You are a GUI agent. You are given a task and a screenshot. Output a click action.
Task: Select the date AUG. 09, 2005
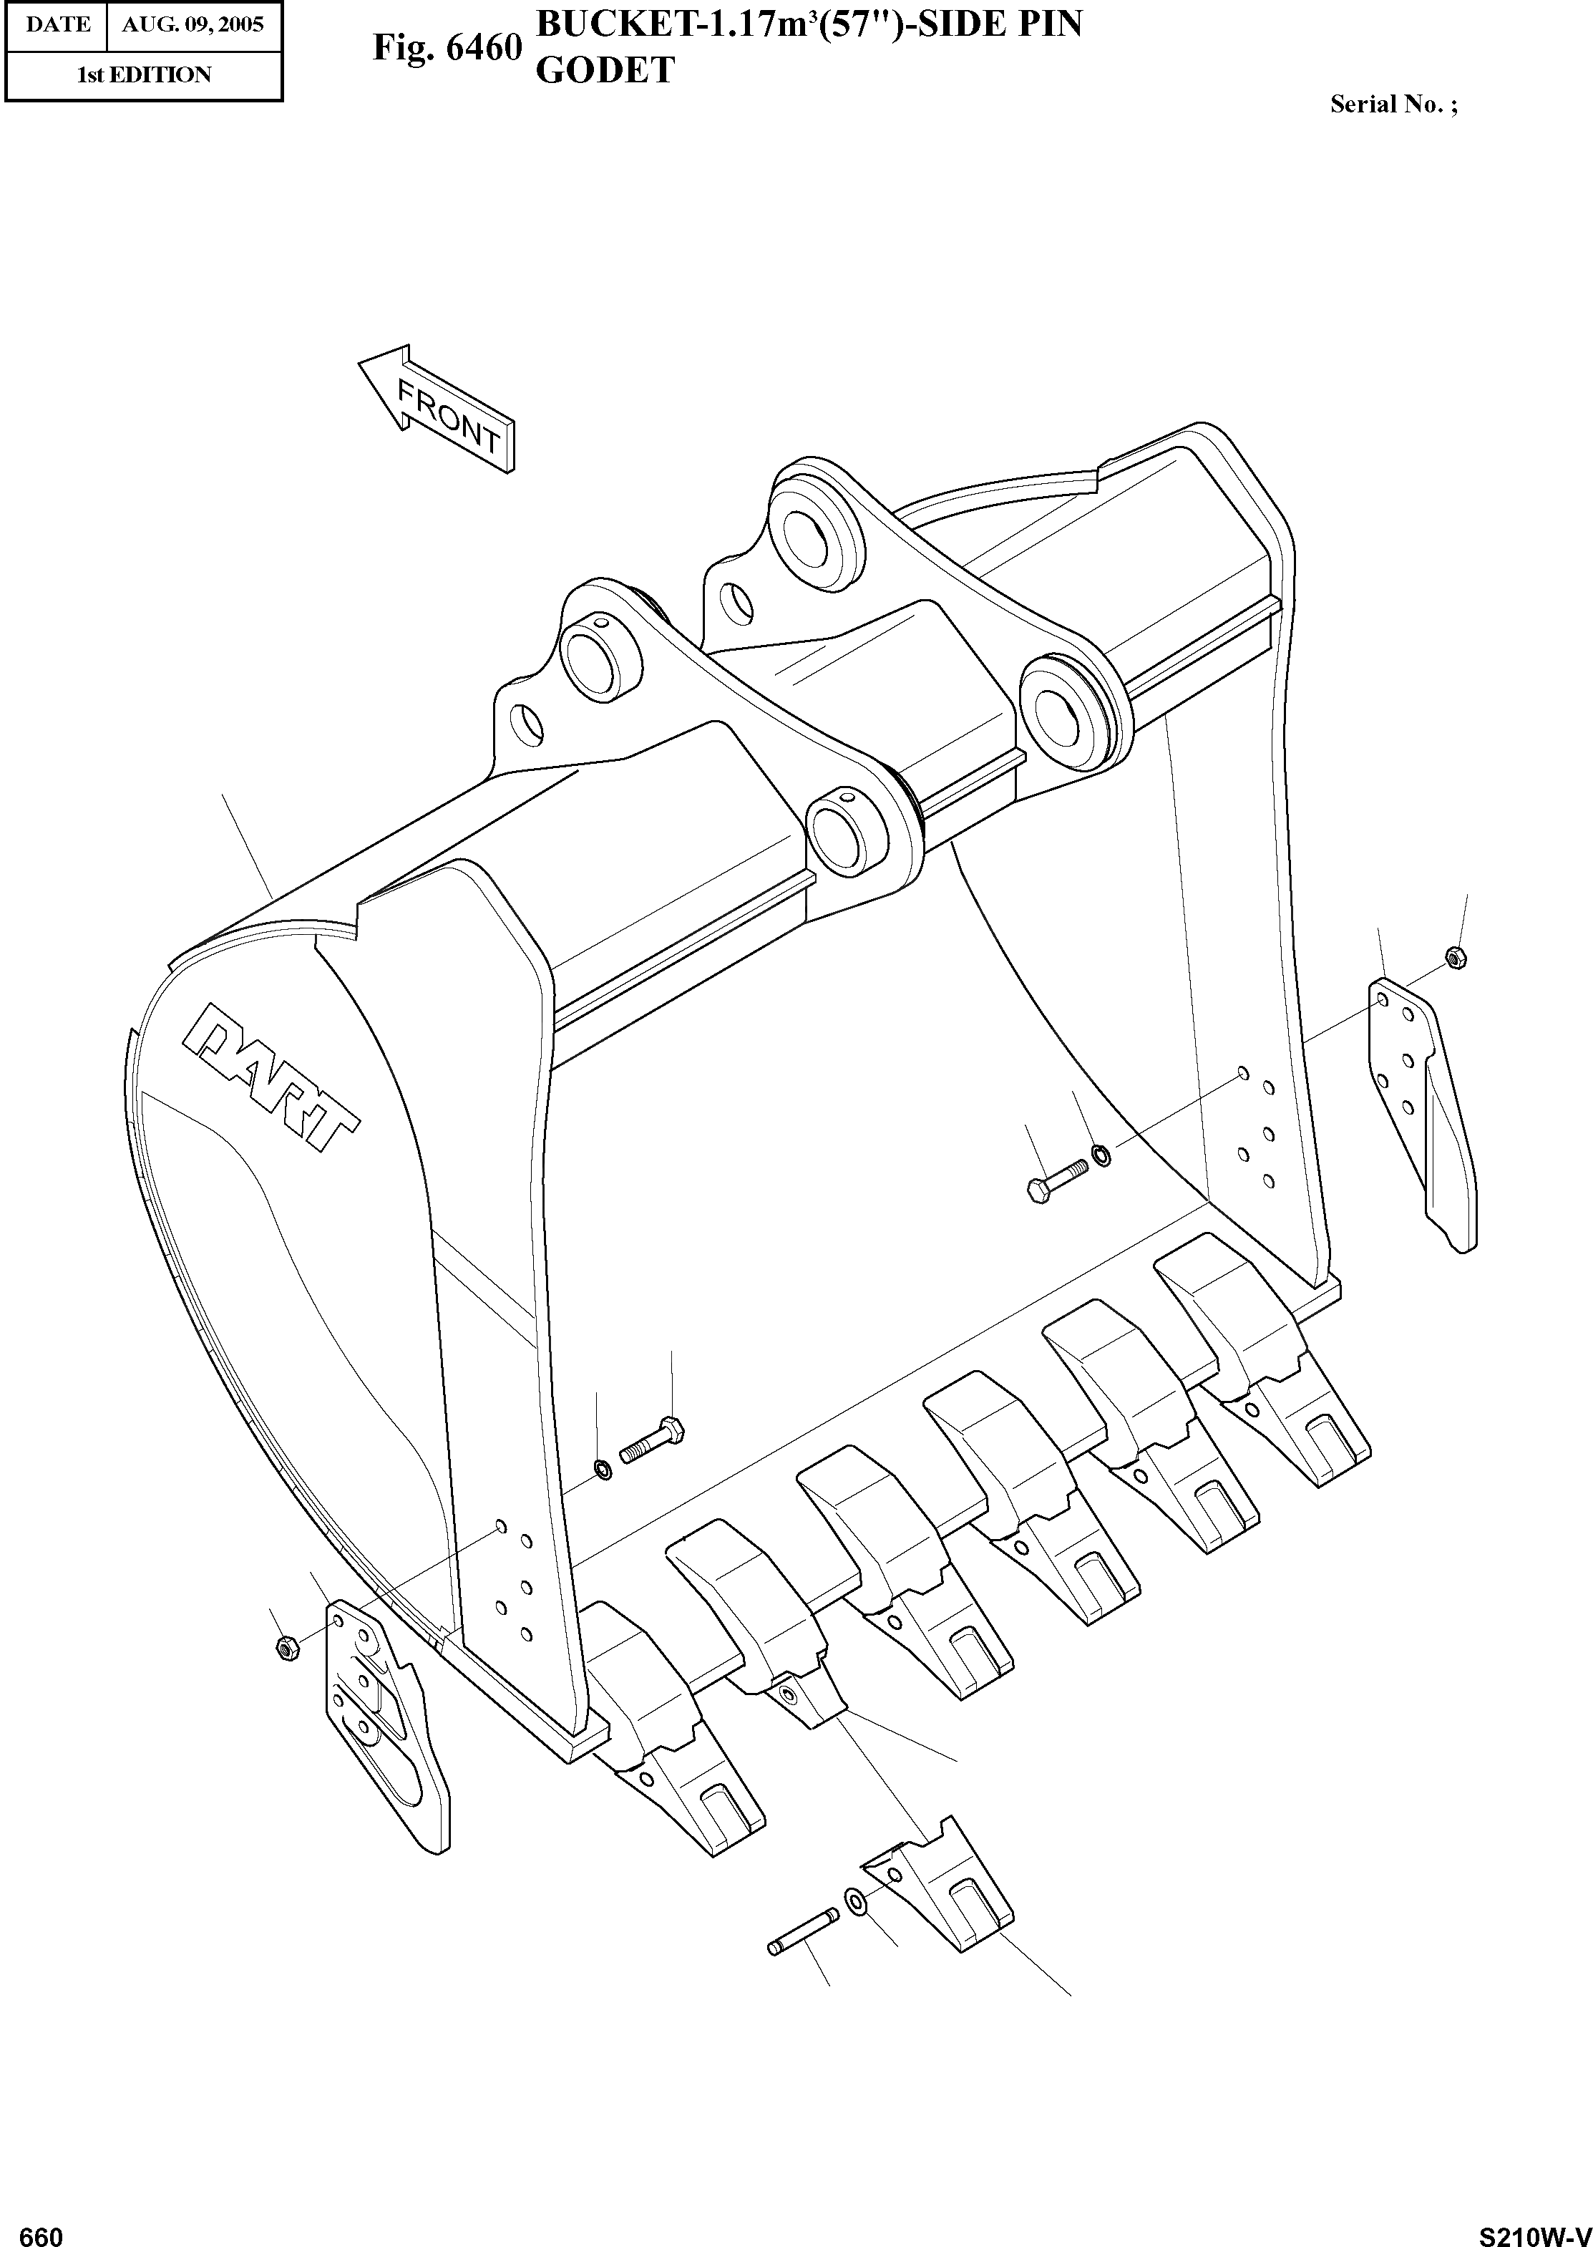click(x=193, y=24)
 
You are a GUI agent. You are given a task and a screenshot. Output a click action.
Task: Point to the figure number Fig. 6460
click(x=447, y=47)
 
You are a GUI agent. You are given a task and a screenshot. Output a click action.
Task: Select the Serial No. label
click(x=1393, y=105)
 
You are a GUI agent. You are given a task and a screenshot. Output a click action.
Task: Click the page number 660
click(x=42, y=2229)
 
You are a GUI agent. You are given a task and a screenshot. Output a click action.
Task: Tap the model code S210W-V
click(x=1534, y=2229)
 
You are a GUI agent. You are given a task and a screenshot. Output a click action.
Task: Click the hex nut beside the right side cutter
click(x=1456, y=956)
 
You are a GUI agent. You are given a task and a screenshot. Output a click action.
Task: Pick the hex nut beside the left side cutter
click(x=286, y=1649)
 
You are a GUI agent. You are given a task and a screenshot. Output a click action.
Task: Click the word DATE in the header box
click(x=57, y=24)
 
